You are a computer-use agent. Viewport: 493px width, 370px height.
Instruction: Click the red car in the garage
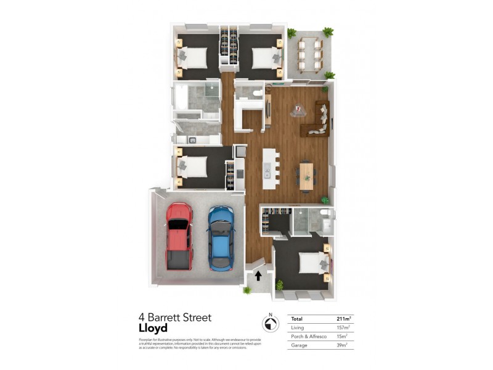(x=179, y=236)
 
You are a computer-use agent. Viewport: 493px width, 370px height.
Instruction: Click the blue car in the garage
(x=221, y=238)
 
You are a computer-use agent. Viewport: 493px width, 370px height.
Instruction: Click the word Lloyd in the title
(x=153, y=329)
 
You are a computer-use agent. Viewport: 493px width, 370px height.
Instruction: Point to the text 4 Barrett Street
(x=175, y=318)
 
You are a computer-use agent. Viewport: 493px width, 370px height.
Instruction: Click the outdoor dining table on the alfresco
(x=309, y=54)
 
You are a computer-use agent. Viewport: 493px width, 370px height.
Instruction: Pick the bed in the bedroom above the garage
(x=192, y=167)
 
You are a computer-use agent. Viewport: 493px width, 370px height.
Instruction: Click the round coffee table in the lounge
(x=299, y=111)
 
